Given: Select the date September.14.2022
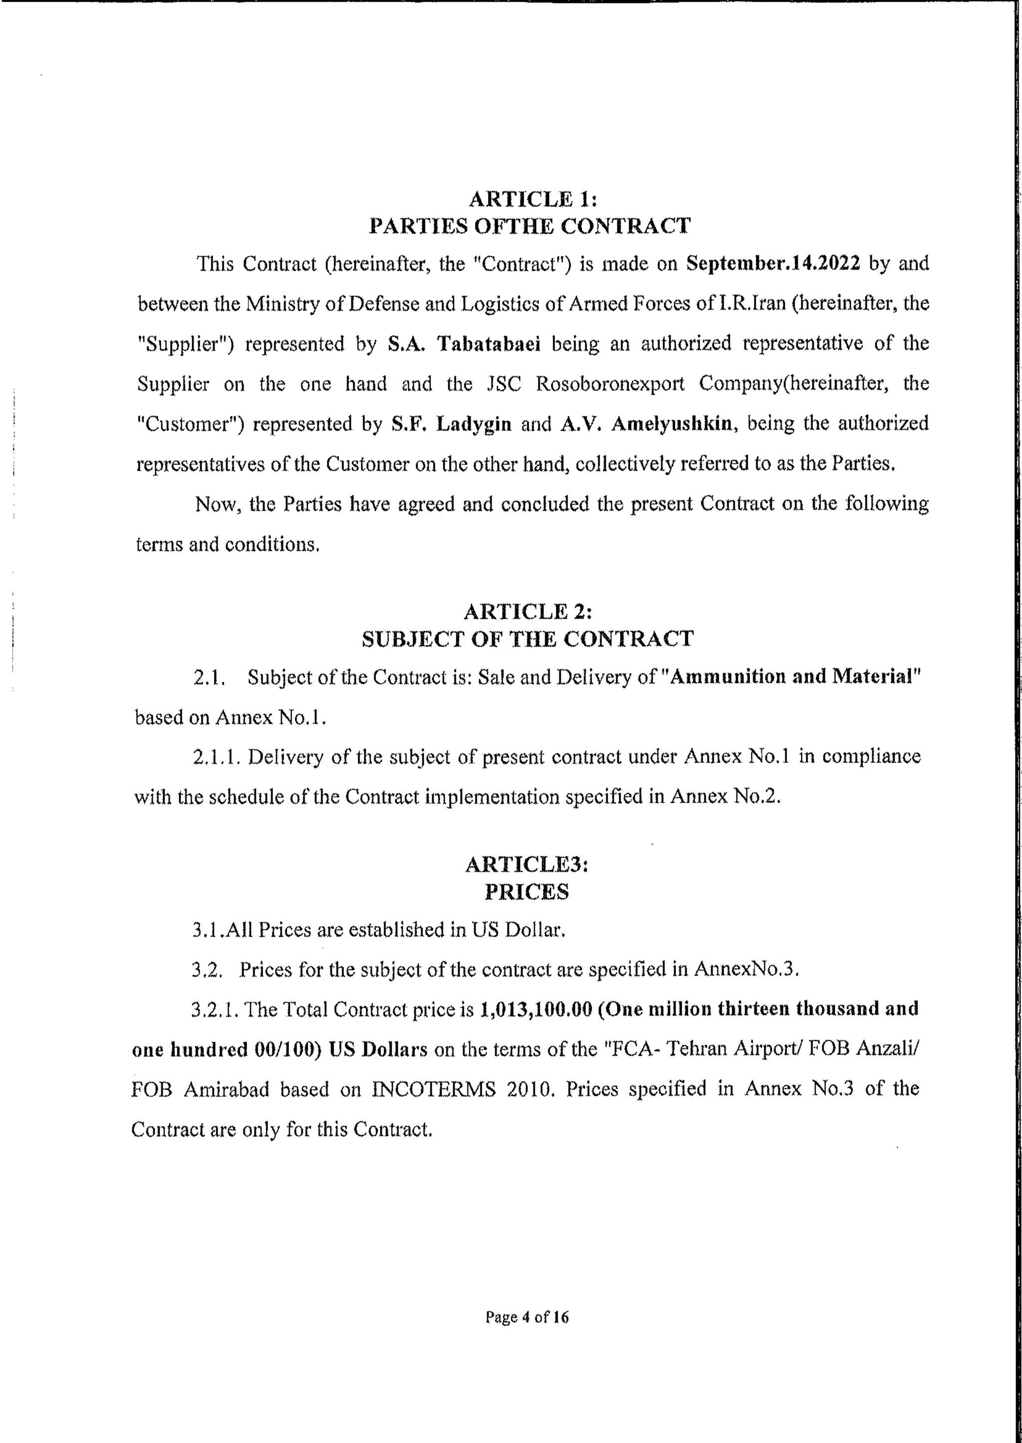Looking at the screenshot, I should coord(773,263).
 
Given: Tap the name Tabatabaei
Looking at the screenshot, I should coord(489,344).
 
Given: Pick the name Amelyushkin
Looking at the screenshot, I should coord(672,424).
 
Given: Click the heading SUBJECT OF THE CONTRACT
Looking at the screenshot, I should coord(527,639).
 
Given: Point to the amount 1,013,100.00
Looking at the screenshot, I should coord(536,1009).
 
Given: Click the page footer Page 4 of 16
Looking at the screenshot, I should coord(527,1317).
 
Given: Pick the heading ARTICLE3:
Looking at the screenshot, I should coord(527,864).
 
